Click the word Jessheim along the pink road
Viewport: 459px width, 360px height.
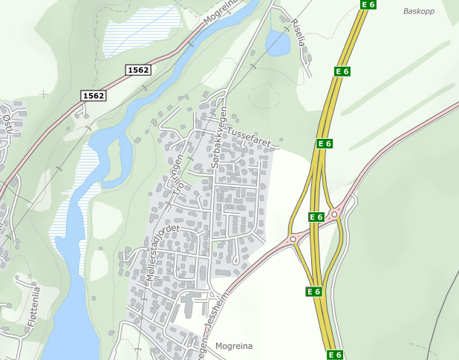[x=218, y=304]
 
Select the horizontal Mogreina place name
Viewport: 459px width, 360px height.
[x=234, y=346]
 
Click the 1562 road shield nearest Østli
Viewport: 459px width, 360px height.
[x=94, y=96]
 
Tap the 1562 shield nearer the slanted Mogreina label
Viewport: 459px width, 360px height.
[x=138, y=70]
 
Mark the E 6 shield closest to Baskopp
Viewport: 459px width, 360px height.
[x=368, y=4]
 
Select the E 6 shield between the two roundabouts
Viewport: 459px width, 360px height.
[x=316, y=217]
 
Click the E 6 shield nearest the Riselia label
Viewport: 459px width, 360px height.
[x=342, y=71]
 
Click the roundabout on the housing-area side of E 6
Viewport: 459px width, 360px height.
[x=293, y=239]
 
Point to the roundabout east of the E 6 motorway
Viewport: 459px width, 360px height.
[x=334, y=215]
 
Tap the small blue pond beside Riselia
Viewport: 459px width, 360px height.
[x=278, y=43]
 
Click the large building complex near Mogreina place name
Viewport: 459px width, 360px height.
[x=191, y=305]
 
